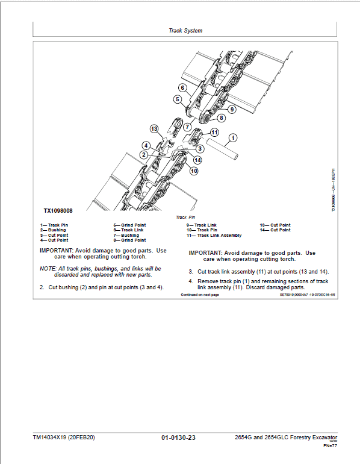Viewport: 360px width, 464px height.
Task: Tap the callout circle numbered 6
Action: coord(182,89)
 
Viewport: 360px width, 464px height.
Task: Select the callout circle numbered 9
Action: coord(232,108)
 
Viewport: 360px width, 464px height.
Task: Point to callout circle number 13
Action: coord(154,129)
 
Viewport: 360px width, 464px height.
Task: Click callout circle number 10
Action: coord(193,171)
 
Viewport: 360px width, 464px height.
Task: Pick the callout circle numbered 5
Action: coord(178,99)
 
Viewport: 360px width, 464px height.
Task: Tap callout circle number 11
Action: coord(214,132)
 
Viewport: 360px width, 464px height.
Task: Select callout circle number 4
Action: coord(146,145)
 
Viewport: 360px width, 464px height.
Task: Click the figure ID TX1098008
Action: coord(58,211)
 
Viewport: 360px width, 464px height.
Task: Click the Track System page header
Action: coord(185,30)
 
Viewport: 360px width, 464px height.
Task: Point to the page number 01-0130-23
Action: coord(179,437)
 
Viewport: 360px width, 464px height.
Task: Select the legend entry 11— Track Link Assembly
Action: coord(214,235)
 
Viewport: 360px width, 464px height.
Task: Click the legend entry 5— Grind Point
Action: coord(129,225)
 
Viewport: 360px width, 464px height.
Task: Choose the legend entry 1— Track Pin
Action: coord(54,225)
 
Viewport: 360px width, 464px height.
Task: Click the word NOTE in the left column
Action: coord(47,268)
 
